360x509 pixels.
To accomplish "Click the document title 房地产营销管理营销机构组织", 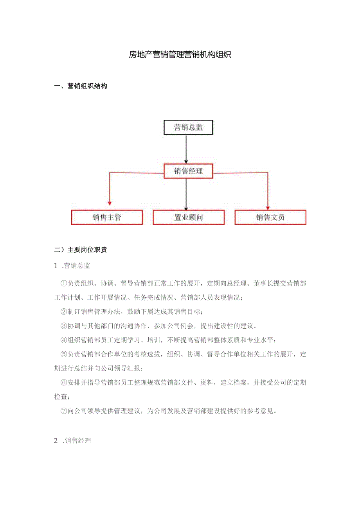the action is [x=180, y=55].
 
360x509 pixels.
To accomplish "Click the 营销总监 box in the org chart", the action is [x=188, y=128].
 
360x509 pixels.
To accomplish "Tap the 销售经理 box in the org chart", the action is [x=188, y=171].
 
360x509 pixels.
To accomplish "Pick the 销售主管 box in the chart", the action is [x=107, y=217].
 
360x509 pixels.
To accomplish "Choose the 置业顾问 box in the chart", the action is [x=188, y=217].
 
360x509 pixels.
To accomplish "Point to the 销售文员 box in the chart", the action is [x=270, y=217].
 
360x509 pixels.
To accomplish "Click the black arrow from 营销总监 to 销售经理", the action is [x=186, y=149].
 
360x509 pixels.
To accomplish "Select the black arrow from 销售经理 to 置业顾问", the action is [x=186, y=194].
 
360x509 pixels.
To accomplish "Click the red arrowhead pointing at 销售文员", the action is [x=268, y=207].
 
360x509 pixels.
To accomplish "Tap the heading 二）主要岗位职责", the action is [x=80, y=250].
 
